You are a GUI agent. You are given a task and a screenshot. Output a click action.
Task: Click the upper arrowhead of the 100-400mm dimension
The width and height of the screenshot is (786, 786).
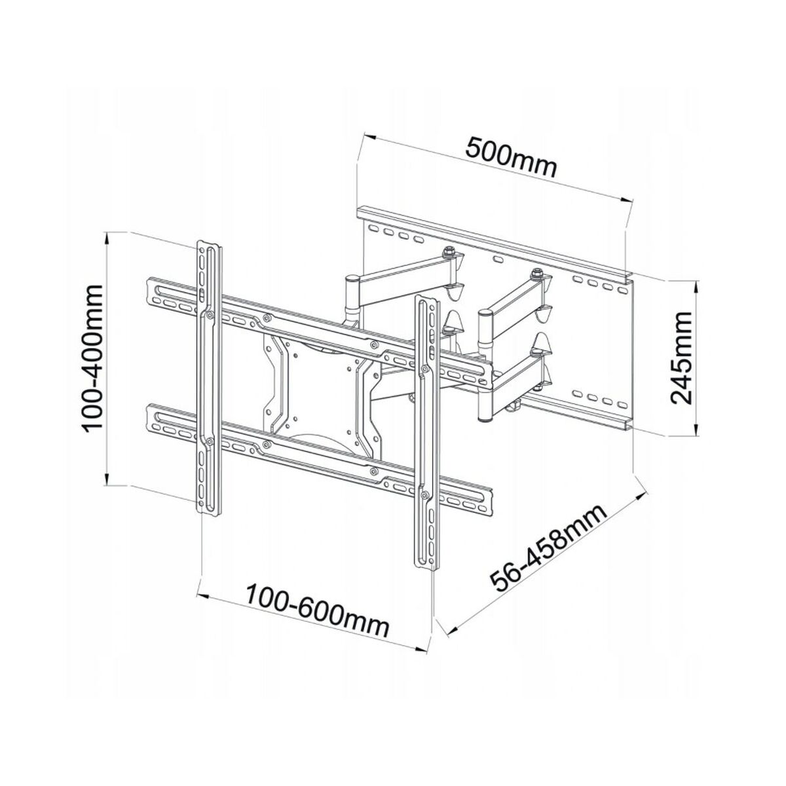[108, 236]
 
